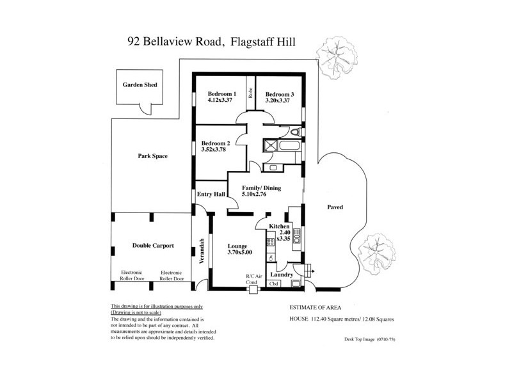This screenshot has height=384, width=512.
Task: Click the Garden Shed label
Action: pyautogui.click(x=140, y=84)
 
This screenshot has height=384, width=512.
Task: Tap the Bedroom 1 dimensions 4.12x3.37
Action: pyautogui.click(x=221, y=100)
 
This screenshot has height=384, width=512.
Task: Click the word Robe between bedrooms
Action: pyautogui.click(x=251, y=93)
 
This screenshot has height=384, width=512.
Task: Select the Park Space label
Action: pyautogui.click(x=152, y=156)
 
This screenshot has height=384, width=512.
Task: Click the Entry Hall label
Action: pyautogui.click(x=209, y=195)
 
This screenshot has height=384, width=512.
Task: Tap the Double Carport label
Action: pyautogui.click(x=153, y=245)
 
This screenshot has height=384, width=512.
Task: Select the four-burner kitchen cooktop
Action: pyautogui.click(x=271, y=241)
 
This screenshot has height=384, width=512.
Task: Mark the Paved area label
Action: pyautogui.click(x=335, y=207)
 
